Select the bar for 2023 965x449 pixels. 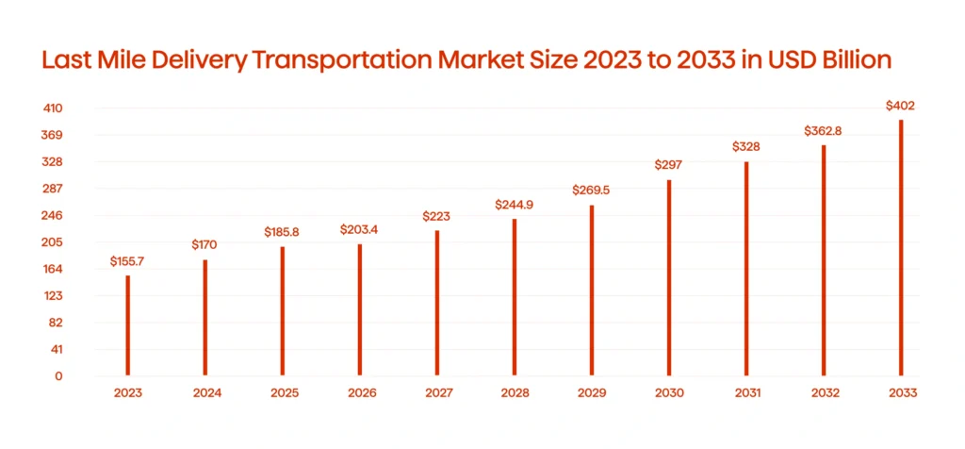pos(128,325)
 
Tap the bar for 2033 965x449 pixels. pos(901,247)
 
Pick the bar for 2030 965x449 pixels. pos(669,277)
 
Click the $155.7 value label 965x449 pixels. pos(128,259)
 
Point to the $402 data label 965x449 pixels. pos(901,106)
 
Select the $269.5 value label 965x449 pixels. pos(592,190)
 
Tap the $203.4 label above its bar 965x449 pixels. pos(360,229)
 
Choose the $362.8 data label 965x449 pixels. pos(823,130)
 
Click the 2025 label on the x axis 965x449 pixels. pos(283,393)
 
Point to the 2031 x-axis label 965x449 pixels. pos(746,393)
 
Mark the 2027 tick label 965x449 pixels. pos(437,393)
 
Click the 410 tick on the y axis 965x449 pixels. pos(53,108)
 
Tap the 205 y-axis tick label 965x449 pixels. pos(53,242)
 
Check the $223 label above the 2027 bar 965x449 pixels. pos(437,216)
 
